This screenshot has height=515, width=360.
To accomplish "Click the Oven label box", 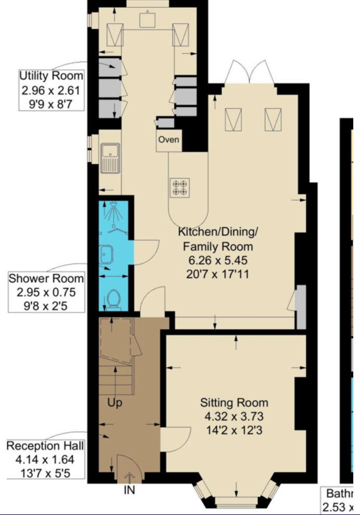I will click(x=169, y=140).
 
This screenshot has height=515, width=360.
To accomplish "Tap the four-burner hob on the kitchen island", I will click(x=180, y=188).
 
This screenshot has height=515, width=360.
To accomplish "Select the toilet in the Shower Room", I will click(x=113, y=300).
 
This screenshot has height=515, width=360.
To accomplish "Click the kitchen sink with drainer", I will click(x=110, y=158).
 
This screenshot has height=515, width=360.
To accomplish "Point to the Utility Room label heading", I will click(x=51, y=76).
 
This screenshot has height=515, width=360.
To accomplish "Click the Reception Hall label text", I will click(x=45, y=446).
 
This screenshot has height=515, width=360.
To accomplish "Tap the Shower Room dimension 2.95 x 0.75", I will click(x=46, y=292).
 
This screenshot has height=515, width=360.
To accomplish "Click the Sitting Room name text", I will click(x=235, y=402).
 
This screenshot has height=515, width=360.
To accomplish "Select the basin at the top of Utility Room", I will click(x=147, y=19).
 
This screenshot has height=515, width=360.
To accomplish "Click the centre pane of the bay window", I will click(x=236, y=502).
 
